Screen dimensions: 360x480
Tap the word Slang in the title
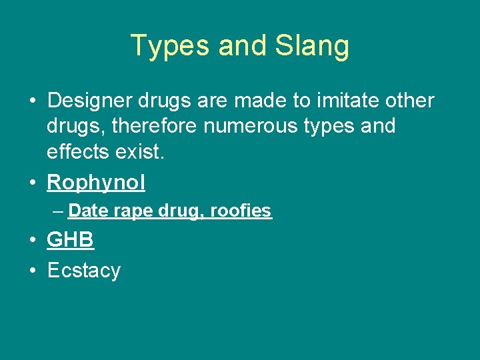point(312,46)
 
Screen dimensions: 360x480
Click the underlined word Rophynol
point(96,183)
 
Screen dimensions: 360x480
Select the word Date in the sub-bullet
point(88,211)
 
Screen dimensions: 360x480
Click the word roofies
point(241,211)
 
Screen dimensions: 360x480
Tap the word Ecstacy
point(84,271)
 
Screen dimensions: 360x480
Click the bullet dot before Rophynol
point(32,183)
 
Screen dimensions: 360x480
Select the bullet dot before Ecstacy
point(32,271)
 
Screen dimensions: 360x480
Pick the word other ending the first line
point(407,101)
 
